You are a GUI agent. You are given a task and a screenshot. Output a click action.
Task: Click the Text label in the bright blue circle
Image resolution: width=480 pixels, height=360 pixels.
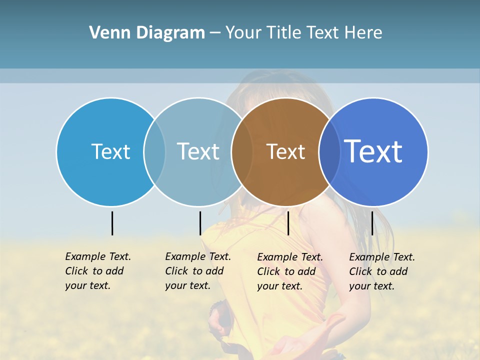[x=110, y=151]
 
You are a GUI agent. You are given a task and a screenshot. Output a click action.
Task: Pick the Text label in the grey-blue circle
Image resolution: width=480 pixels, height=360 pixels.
[x=198, y=151]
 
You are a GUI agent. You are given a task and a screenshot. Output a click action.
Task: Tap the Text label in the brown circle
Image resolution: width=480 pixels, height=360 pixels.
[x=285, y=152]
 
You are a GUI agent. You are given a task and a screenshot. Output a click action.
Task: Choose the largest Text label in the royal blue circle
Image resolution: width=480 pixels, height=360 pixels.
[x=373, y=151]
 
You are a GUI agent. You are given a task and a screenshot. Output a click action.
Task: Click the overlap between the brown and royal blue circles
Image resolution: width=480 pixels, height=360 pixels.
[x=329, y=152]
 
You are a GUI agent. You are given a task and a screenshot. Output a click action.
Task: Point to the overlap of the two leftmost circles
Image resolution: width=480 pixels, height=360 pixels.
[x=154, y=152]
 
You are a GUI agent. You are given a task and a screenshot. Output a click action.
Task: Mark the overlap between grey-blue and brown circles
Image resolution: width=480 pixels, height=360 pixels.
[x=242, y=152]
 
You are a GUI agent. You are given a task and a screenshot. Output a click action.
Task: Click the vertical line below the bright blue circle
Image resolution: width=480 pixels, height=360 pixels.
[x=112, y=223]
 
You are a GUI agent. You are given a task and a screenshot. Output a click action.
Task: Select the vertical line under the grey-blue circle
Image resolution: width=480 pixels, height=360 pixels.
[x=200, y=223]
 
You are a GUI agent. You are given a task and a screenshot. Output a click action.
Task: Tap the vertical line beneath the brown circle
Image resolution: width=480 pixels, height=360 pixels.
[x=288, y=223]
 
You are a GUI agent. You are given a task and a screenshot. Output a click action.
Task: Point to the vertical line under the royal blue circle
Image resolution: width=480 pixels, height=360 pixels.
[x=372, y=223]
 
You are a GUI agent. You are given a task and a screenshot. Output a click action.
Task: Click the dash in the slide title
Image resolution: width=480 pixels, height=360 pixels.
[x=215, y=33]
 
